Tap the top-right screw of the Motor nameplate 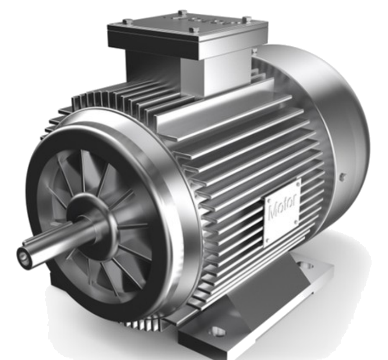click(298, 184)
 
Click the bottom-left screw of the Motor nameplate click(267, 240)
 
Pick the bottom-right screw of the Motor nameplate click(295, 222)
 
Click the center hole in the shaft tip click(24, 257)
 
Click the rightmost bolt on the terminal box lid click(245, 20)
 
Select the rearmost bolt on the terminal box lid click(182, 12)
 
